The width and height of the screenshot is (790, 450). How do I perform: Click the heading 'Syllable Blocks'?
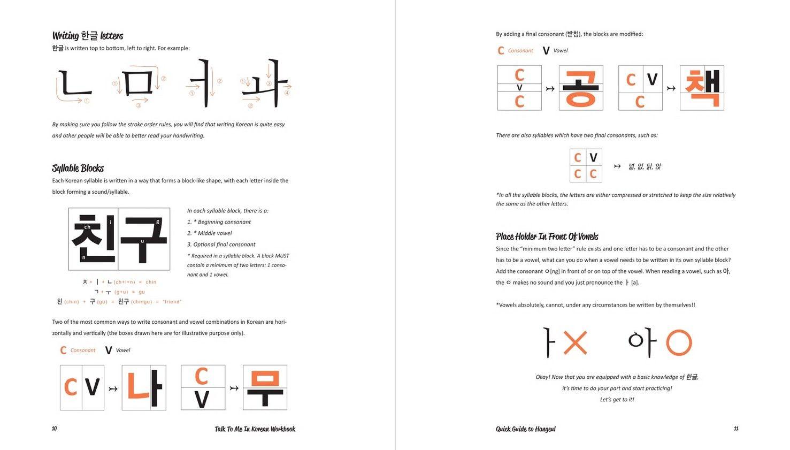78,168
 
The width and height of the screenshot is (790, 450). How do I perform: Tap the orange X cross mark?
575,342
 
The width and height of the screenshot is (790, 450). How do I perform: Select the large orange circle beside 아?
679,342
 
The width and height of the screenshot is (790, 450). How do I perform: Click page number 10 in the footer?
54,429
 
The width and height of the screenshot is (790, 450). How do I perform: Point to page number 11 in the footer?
736,429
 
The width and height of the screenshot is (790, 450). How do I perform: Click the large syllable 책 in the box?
702,88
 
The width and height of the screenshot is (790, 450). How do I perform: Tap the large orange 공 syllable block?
581,88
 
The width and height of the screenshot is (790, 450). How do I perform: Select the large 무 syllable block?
265,387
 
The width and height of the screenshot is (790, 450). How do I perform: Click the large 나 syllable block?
143,387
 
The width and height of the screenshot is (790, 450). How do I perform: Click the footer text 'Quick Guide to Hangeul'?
525,429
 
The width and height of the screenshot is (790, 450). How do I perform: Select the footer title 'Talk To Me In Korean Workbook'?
255,429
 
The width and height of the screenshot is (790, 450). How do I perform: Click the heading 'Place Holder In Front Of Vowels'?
547,237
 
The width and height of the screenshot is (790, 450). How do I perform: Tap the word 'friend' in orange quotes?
172,302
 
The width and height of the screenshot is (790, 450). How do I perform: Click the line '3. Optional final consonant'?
221,245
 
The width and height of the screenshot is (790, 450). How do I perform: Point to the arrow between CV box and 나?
113,388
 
